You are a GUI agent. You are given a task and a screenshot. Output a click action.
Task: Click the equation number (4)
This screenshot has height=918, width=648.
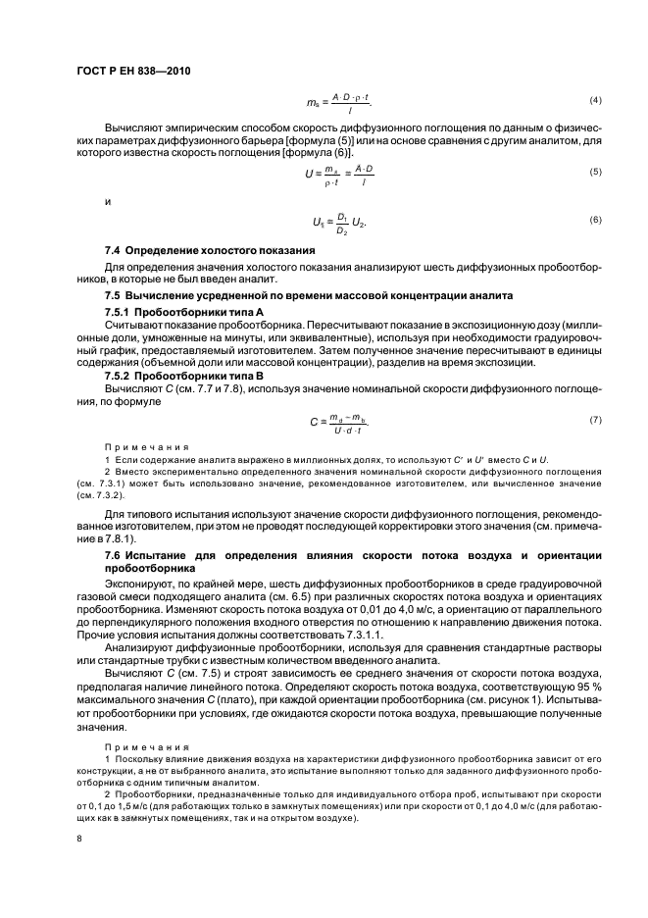point(594,102)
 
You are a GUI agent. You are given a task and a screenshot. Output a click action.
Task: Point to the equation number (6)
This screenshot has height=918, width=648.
point(594,218)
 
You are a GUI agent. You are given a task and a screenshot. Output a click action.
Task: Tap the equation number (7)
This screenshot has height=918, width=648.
point(594,421)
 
